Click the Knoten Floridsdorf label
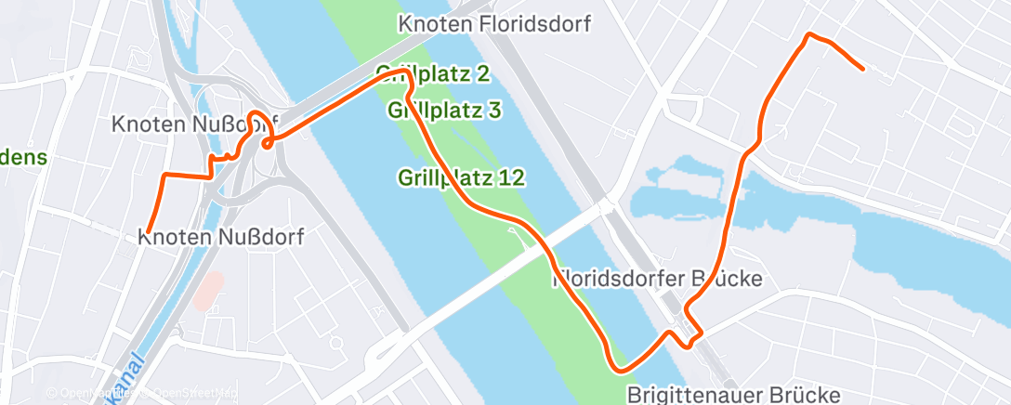tap(494, 24)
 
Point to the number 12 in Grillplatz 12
tap(512, 176)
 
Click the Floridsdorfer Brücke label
tap(658, 278)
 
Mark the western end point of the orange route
tap(148, 231)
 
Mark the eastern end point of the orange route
tap(863, 69)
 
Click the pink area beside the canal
tap(209, 291)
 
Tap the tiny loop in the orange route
tap(268, 142)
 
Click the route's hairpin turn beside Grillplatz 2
tap(405, 72)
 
